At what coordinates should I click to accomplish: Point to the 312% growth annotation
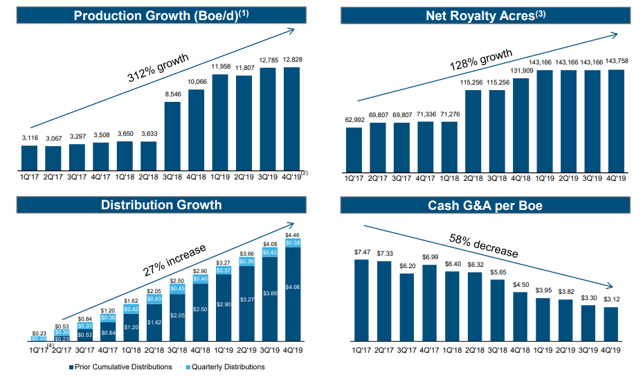pyautogui.click(x=159, y=69)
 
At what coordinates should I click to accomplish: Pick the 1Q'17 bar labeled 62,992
pyautogui.click(x=354, y=149)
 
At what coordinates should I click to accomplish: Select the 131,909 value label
pyautogui.click(x=521, y=70)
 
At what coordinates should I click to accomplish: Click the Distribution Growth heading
pyautogui.click(x=161, y=204)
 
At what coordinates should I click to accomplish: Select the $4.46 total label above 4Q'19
pyautogui.click(x=292, y=236)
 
